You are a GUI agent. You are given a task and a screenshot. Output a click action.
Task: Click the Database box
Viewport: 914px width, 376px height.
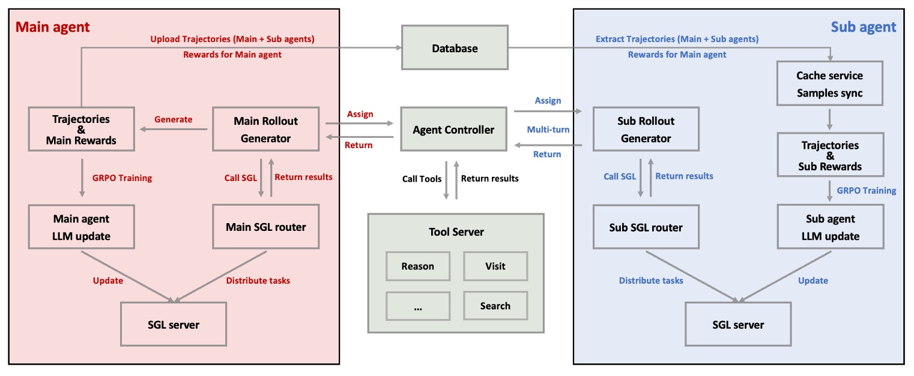click(455, 48)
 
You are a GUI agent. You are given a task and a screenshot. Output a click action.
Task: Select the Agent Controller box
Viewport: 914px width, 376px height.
click(453, 130)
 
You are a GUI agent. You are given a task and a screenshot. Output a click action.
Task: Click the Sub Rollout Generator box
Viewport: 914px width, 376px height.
click(646, 130)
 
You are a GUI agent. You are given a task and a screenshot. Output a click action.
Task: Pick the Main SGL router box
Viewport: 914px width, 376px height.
click(265, 227)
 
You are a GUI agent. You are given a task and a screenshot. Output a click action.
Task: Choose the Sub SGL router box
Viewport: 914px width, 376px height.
click(646, 227)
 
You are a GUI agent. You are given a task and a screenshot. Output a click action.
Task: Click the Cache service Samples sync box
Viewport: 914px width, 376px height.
click(829, 85)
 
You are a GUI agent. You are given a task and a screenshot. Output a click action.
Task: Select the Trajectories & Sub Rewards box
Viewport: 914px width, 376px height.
click(829, 155)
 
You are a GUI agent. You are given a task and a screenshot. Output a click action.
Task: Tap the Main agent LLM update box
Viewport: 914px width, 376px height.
click(81, 227)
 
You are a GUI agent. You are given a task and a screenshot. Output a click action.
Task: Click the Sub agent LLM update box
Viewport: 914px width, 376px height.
click(831, 227)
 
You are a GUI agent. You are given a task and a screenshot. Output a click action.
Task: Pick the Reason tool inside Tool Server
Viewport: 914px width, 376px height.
click(417, 266)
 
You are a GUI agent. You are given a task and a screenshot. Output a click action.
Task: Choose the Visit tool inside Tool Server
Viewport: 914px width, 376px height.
click(495, 266)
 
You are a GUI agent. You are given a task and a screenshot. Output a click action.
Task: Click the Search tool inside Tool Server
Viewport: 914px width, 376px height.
click(495, 306)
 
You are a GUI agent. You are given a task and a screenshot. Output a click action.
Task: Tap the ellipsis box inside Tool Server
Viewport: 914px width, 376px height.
click(417, 306)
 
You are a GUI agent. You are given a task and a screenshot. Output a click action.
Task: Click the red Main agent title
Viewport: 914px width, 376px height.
click(53, 27)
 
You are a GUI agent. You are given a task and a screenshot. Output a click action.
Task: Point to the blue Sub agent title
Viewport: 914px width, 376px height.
click(863, 27)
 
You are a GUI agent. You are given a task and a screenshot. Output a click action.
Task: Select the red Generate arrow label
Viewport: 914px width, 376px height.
click(174, 119)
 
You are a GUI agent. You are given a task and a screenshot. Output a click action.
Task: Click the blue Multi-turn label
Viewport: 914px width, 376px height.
click(548, 130)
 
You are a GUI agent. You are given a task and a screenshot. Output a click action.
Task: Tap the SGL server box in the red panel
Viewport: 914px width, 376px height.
click(174, 324)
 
